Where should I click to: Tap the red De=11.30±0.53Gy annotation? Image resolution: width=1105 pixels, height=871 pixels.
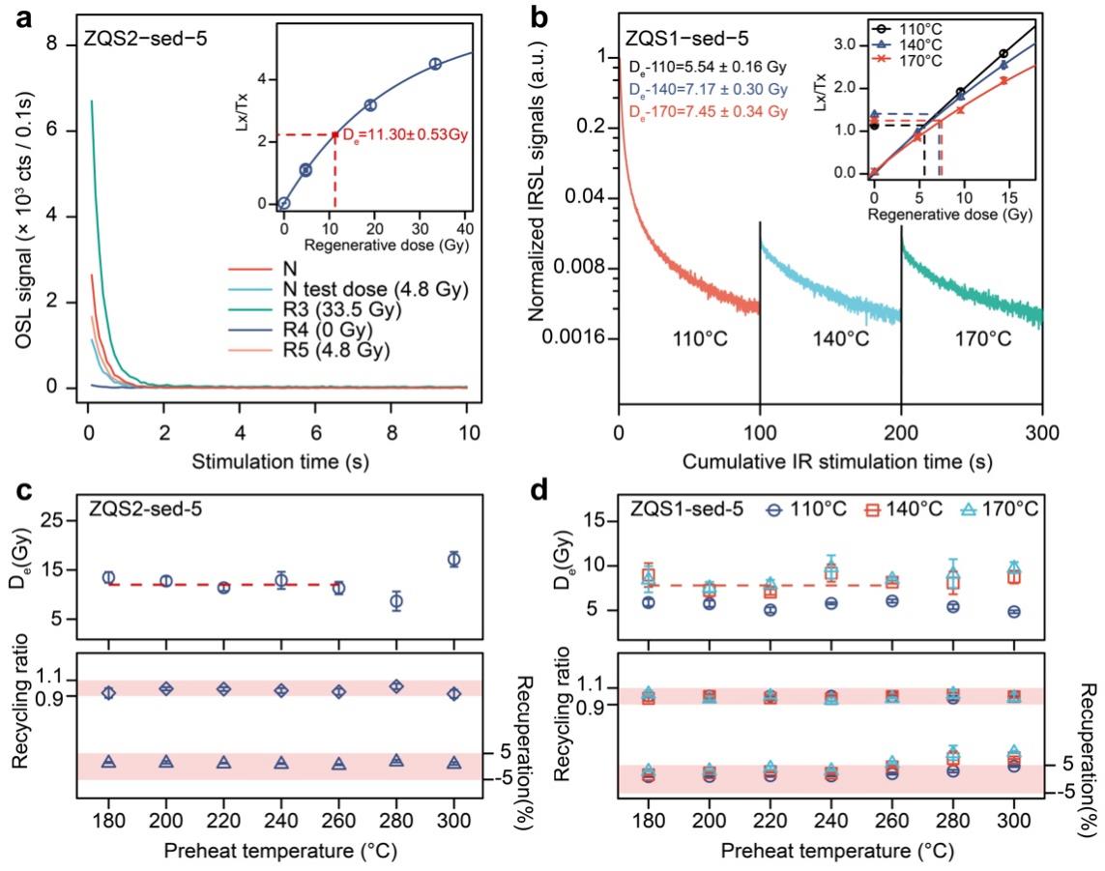pyautogui.click(x=406, y=136)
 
